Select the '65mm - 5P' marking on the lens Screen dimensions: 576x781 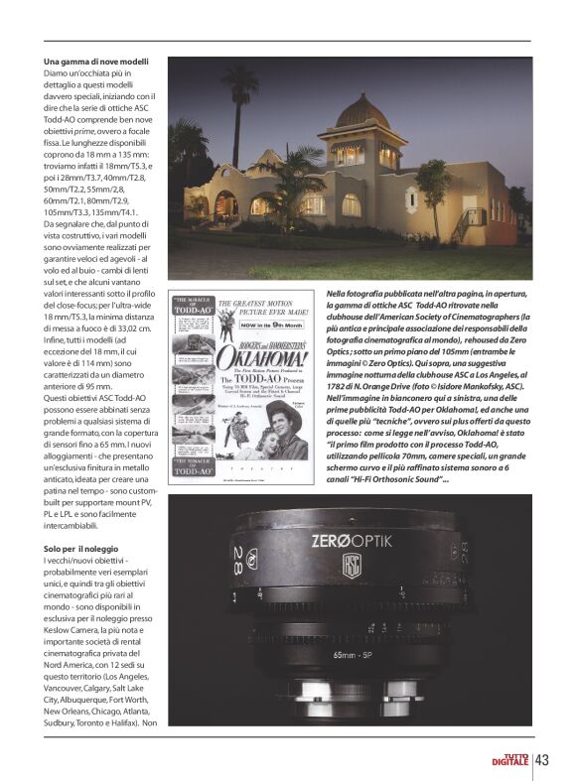(x=353, y=656)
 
